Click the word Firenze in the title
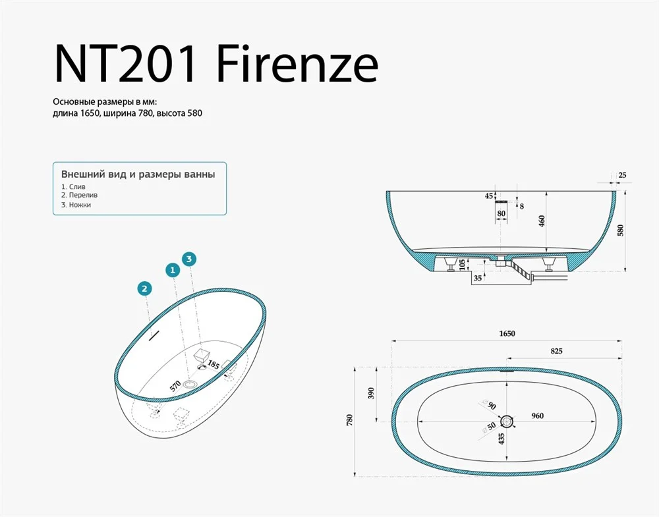click(x=298, y=63)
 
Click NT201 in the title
click(x=125, y=63)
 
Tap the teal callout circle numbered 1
click(x=173, y=271)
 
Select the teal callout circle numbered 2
click(x=144, y=288)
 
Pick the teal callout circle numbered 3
click(x=189, y=259)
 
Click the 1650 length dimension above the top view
click(x=507, y=333)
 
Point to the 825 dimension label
click(x=556, y=351)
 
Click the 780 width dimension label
click(x=350, y=420)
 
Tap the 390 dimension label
click(x=370, y=393)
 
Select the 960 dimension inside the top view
click(x=538, y=416)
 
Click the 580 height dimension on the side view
click(x=621, y=231)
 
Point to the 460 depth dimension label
click(x=542, y=221)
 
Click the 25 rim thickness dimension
click(x=623, y=175)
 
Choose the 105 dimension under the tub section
click(x=463, y=265)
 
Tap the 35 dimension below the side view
click(x=478, y=278)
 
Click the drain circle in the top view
click(x=507, y=422)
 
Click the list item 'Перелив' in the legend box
click(x=83, y=196)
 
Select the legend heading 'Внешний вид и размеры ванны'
click(x=138, y=175)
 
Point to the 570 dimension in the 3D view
click(x=175, y=385)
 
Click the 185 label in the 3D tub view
click(x=214, y=365)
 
